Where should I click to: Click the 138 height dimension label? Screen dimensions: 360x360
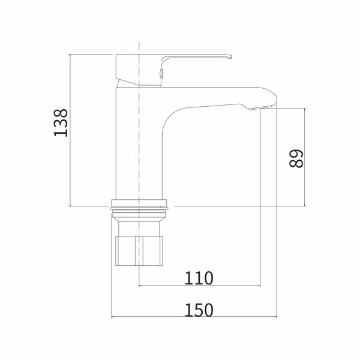click(x=61, y=123)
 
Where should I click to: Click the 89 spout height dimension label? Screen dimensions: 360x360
click(x=296, y=158)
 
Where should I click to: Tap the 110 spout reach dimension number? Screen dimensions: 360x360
click(x=199, y=278)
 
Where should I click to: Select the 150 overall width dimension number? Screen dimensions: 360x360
click(x=199, y=310)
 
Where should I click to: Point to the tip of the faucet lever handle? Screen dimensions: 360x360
click(x=231, y=57)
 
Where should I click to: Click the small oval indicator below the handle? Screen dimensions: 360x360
click(x=161, y=73)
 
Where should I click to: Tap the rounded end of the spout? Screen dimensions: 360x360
click(x=275, y=98)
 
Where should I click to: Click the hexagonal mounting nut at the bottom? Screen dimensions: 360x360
click(x=139, y=251)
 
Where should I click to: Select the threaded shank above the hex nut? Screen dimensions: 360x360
click(x=139, y=229)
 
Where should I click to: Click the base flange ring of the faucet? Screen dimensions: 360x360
click(x=139, y=203)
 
